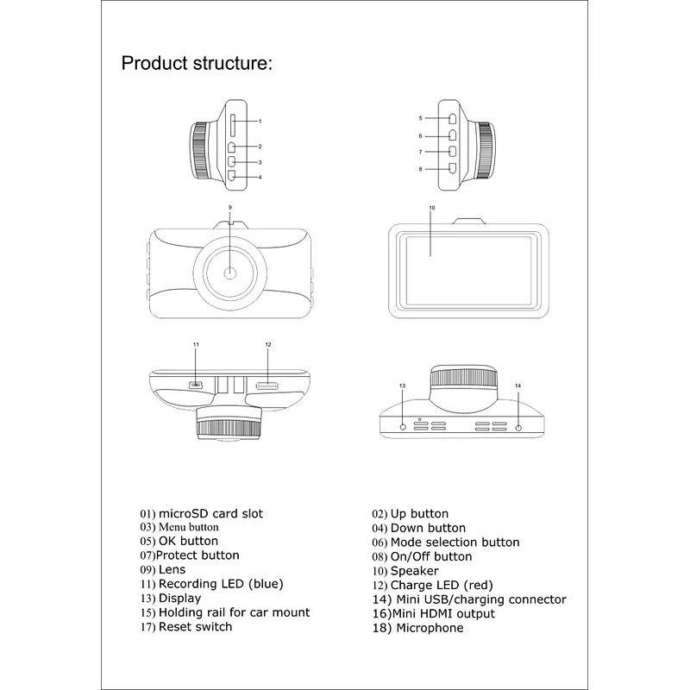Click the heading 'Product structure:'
tap(197, 63)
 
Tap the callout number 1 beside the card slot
tap(260, 121)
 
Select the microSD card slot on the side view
tap(233, 126)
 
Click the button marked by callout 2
tap(232, 147)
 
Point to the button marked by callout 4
tap(232, 176)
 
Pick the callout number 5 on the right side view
tap(421, 118)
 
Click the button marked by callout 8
tap(452, 167)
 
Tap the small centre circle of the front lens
tap(230, 273)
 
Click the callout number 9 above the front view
tap(230, 207)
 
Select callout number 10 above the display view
tap(432, 208)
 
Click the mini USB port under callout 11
tap(196, 385)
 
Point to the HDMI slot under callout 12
tap(267, 386)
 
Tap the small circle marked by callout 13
tap(403, 427)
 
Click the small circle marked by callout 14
tap(518, 427)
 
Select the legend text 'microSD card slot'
tap(210, 514)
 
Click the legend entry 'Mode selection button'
tap(455, 543)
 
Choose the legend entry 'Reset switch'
tap(195, 627)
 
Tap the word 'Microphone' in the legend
tap(430, 628)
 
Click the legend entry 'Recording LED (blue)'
tap(221, 584)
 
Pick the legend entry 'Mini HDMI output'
tap(443, 614)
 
